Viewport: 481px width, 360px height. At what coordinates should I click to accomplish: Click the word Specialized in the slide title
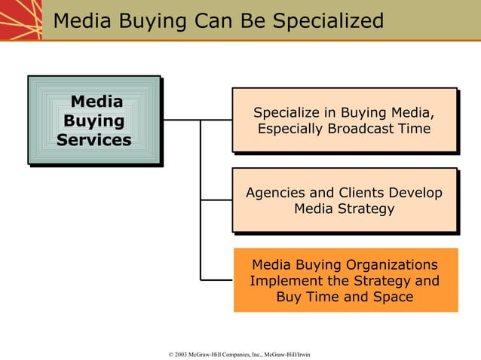tap(328, 21)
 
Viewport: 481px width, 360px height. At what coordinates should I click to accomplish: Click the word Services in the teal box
tap(93, 140)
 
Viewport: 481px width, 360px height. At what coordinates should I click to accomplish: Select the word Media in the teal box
tap(97, 102)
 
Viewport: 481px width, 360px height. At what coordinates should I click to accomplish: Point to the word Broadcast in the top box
tap(361, 130)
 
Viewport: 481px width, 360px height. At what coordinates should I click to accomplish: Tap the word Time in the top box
tap(414, 130)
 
